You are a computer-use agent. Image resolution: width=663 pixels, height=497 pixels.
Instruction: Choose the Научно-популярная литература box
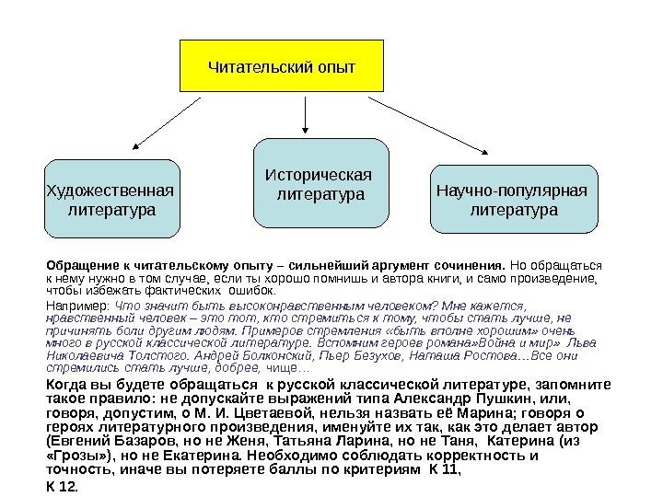514,201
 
